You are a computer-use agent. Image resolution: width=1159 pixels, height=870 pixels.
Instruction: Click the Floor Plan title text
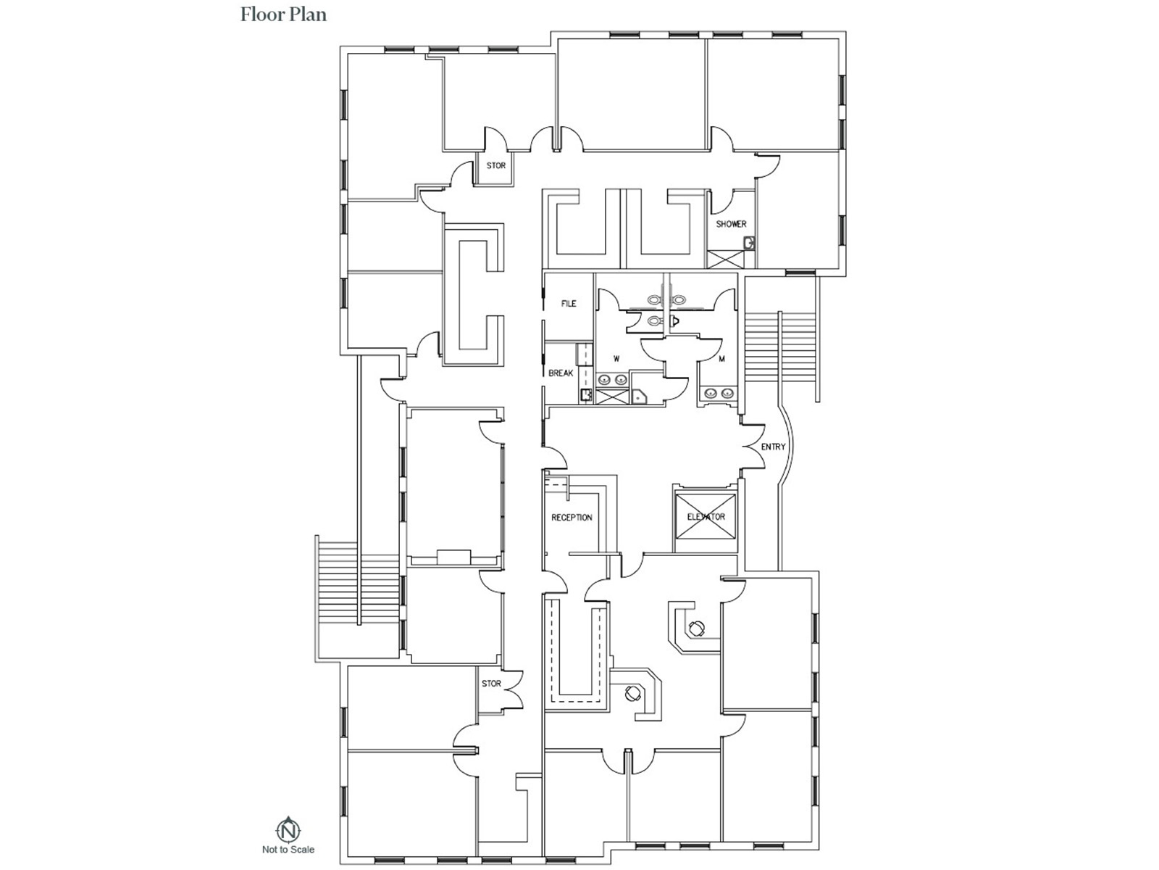(x=283, y=14)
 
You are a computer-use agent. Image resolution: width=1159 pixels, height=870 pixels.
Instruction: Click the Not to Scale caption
(x=288, y=849)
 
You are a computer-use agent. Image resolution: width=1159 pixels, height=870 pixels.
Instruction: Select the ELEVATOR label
(x=706, y=517)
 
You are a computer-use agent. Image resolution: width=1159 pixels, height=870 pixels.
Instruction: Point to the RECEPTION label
(x=572, y=518)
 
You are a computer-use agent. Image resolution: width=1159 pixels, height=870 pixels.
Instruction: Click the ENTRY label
(x=773, y=447)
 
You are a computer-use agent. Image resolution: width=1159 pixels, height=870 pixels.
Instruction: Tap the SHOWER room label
(x=731, y=224)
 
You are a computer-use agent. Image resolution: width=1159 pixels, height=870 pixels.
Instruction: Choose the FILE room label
(x=569, y=304)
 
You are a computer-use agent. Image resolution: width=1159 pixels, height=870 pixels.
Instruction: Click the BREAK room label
(x=561, y=373)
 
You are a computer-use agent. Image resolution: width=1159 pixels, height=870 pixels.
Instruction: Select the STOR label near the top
(x=496, y=165)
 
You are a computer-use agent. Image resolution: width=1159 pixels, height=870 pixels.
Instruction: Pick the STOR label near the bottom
(x=491, y=684)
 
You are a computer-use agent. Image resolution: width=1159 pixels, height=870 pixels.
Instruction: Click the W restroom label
(x=616, y=359)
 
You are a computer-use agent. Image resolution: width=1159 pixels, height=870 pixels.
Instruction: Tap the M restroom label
(x=722, y=359)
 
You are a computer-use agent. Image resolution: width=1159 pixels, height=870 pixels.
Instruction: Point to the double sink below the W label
(x=612, y=379)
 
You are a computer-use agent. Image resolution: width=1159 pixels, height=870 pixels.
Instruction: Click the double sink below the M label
(x=719, y=393)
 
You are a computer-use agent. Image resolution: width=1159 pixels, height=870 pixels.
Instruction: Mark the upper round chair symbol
(x=697, y=629)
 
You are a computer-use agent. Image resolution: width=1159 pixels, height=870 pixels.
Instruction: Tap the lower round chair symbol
(x=634, y=693)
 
